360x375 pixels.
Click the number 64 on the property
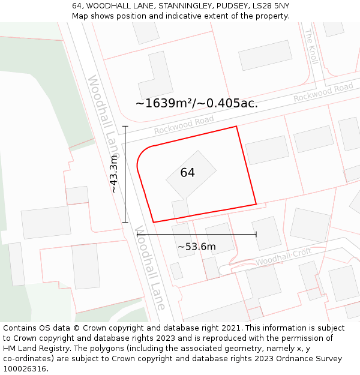(x=187, y=173)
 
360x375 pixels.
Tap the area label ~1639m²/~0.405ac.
(x=196, y=103)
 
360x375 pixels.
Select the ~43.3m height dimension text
(x=113, y=174)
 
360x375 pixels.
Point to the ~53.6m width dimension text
(x=196, y=247)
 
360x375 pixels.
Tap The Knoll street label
(x=311, y=46)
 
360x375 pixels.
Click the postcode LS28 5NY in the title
(x=268, y=5)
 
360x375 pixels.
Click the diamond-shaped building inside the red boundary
(x=191, y=174)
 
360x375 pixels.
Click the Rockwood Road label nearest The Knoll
(x=323, y=92)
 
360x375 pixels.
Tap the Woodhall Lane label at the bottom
(x=151, y=268)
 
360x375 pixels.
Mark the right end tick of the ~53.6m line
(x=256, y=234)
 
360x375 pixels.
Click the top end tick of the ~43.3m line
(x=125, y=127)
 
